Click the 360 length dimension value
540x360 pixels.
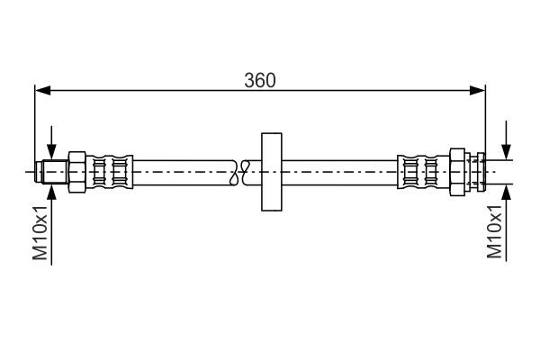[259, 79]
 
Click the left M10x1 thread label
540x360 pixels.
[40, 231]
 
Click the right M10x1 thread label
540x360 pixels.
[494, 231]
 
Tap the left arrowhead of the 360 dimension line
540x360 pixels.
[40, 89]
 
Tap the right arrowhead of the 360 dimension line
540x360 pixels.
[479, 89]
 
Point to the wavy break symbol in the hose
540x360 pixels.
[238, 170]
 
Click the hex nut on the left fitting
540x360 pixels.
[76, 169]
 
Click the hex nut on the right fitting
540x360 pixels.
[456, 169]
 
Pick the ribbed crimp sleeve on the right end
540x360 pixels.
[420, 169]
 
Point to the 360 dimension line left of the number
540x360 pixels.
[144, 89]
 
